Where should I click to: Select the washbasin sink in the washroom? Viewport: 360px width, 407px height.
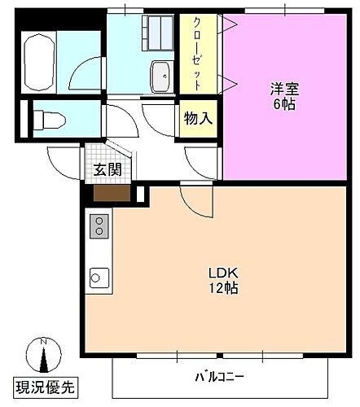(160, 77)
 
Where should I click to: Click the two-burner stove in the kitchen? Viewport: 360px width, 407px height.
(99, 225)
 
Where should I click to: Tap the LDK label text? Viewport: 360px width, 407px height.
(222, 273)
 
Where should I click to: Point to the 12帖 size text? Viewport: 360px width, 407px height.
(222, 288)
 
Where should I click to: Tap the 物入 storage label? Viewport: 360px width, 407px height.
(198, 119)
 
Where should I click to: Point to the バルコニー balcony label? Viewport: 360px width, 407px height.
(219, 378)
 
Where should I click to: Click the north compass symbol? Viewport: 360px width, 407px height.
(45, 355)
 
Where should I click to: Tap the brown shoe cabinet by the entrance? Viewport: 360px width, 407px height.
(112, 194)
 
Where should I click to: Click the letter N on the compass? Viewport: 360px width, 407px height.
(45, 341)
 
